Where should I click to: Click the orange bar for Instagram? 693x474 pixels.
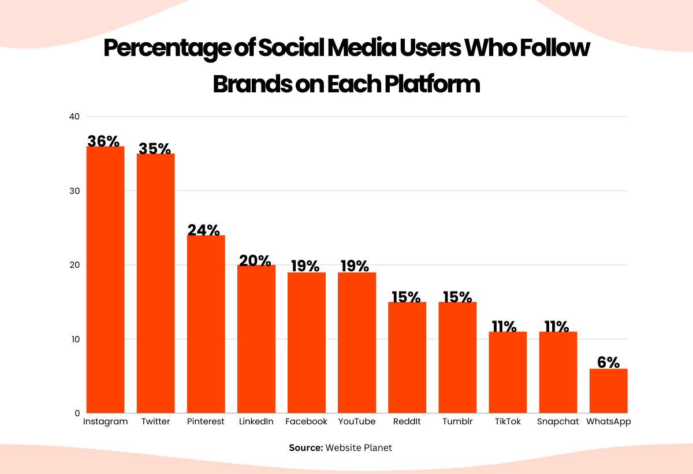coord(105,280)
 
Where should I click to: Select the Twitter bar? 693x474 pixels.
coord(155,283)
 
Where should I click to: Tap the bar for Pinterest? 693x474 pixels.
coord(206,324)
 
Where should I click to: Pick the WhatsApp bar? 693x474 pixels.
coord(608,391)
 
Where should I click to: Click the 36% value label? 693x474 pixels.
coord(103,141)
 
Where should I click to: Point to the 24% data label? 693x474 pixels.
coord(204,230)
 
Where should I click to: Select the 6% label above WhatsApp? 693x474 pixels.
coord(608,363)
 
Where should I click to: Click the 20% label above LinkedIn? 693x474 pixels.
coord(255,260)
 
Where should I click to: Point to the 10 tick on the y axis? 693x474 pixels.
coord(74,339)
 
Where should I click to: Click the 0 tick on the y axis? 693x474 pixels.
coord(76,413)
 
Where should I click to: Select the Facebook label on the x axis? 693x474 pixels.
coord(306,421)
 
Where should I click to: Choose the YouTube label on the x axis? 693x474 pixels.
coord(356,421)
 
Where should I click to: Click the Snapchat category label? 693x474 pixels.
coord(557,421)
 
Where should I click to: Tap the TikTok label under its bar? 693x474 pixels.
coord(508,421)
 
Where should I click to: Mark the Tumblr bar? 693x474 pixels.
coord(457,357)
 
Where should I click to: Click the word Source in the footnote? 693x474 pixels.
coord(305,448)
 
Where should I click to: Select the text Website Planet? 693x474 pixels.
coord(359,448)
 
